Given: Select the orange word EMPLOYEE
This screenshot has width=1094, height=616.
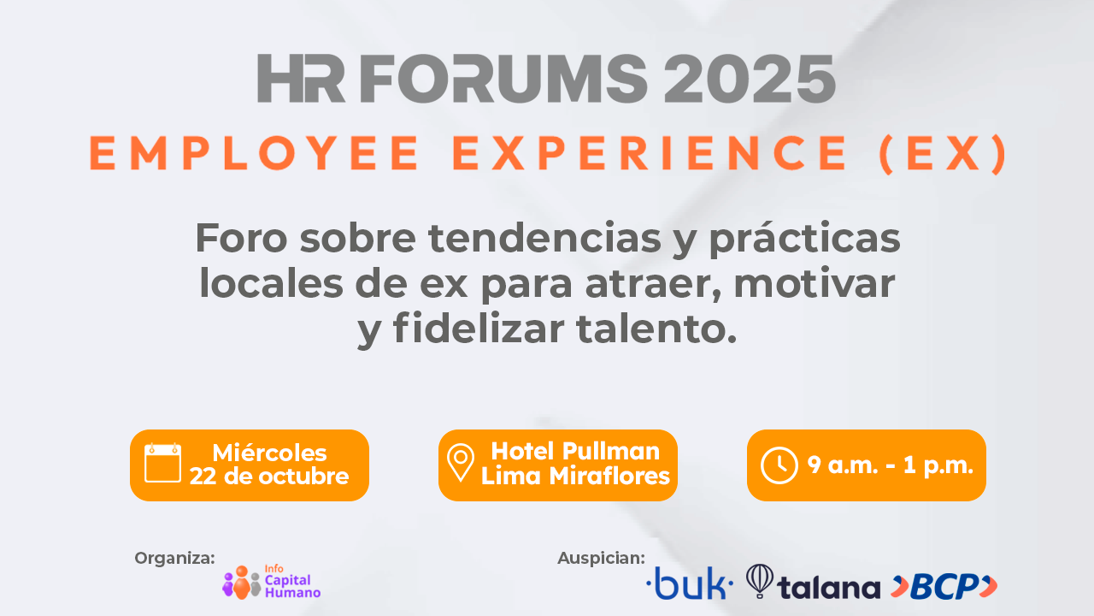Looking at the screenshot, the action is [254, 153].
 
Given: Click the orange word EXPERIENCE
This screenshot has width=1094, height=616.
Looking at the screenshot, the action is [650, 153].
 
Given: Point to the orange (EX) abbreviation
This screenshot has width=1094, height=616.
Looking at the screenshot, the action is [942, 154].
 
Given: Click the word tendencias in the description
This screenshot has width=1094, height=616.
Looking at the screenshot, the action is [544, 238].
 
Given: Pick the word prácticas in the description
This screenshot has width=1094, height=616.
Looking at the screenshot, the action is [804, 239].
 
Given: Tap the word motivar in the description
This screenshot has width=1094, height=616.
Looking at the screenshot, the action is [815, 284].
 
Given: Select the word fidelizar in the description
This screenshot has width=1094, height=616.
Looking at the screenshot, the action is [479, 328].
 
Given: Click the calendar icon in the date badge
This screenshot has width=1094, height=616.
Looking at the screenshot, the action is [162, 464].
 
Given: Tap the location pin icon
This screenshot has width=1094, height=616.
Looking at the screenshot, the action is [461, 463].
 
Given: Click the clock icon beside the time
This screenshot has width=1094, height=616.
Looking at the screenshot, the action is [779, 465].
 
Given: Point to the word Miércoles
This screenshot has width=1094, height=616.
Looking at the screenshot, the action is [269, 453].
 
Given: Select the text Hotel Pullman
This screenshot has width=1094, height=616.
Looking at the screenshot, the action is [575, 451].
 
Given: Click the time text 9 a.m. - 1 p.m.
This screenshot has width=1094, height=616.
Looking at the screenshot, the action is [891, 465].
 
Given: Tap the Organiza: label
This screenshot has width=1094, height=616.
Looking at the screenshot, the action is [175, 559].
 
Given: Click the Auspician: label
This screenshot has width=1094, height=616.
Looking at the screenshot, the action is [601, 558].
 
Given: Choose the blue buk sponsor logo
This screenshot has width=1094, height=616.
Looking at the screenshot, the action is [690, 583].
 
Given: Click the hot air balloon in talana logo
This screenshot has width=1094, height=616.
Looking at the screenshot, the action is [760, 581].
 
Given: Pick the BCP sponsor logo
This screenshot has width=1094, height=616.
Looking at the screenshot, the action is [944, 586].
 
